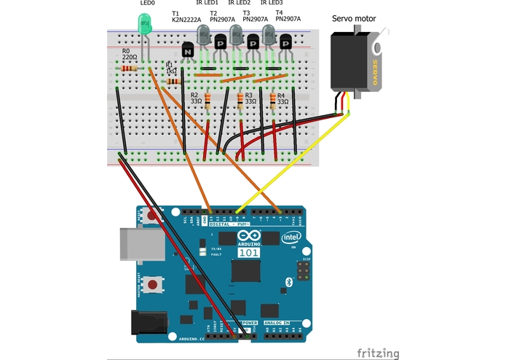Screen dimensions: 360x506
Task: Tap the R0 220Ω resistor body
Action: [130, 69]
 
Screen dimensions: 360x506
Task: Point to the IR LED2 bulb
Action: [236, 34]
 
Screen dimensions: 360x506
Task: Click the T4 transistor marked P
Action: [286, 43]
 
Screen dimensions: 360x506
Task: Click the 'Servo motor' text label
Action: [354, 18]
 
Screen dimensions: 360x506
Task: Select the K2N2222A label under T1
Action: [186, 21]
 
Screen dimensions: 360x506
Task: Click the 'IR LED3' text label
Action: [272, 4]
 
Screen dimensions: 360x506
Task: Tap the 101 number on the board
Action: [248, 253]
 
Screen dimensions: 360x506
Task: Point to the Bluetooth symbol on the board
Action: [288, 281]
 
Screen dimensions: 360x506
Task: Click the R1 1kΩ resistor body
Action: [174, 82]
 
